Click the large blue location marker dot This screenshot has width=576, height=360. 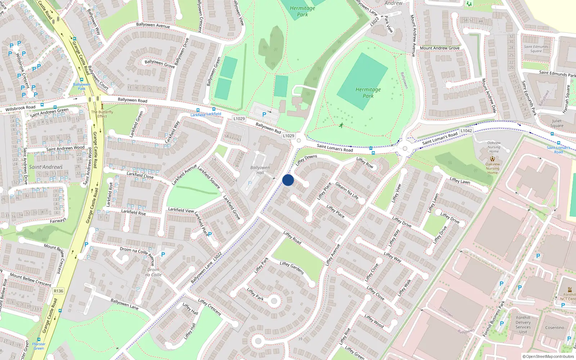coord(288,180)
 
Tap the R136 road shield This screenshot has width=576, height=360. coord(58,291)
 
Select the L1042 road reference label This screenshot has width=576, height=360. coord(466,131)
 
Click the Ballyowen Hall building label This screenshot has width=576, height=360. coord(260,170)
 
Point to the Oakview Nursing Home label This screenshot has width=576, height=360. coord(492,168)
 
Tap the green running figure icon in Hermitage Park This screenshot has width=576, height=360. coord(341,125)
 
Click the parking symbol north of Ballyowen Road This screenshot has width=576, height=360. coord(264,114)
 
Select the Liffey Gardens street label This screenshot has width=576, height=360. coord(292,268)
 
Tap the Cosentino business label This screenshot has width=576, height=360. coord(554,328)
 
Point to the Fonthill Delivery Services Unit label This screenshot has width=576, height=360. coord(523,325)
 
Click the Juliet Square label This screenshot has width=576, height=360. coord(557,123)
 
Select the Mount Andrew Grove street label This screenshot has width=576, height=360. coord(440,48)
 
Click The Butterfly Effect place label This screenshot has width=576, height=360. coord(102,114)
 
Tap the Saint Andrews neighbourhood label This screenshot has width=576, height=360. coord(46,167)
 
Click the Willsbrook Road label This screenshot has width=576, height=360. coord(21,108)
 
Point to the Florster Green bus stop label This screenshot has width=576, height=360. coord(39,346)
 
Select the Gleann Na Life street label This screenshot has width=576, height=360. coord(347,191)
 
